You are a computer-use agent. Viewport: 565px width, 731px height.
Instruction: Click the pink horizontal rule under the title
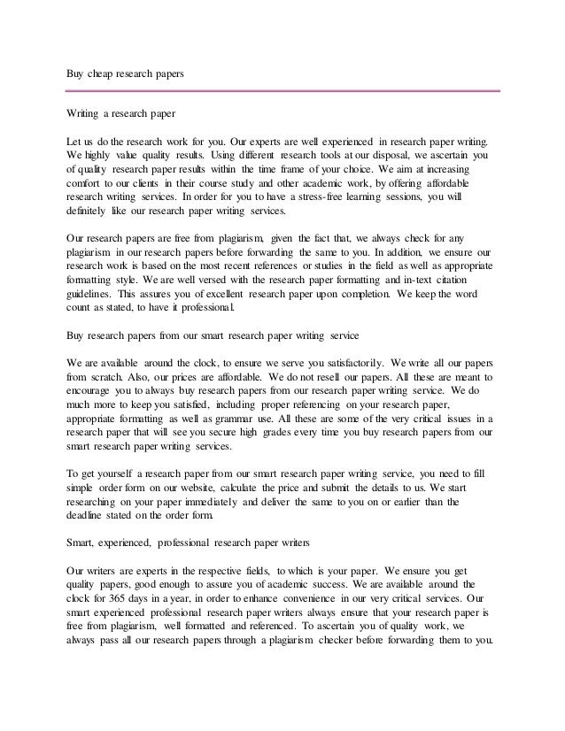coord(283,90)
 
